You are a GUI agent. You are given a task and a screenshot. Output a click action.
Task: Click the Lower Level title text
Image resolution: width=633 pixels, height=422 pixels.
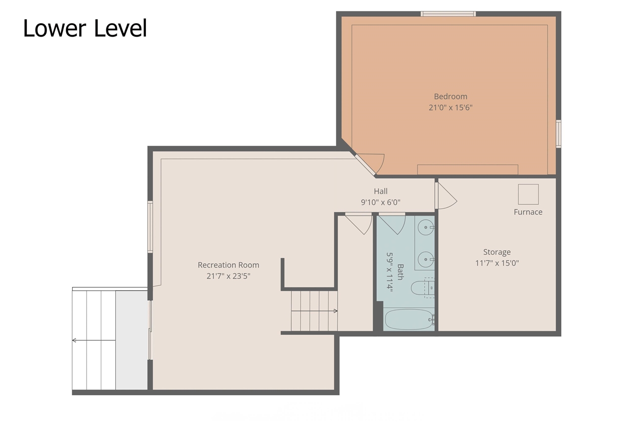(85, 28)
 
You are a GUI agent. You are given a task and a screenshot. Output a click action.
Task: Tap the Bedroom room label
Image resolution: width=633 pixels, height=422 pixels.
(451, 96)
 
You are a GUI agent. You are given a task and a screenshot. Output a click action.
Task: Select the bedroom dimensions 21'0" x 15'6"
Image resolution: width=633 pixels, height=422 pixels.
(451, 108)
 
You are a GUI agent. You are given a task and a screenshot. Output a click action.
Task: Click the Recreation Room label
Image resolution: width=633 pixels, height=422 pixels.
(228, 265)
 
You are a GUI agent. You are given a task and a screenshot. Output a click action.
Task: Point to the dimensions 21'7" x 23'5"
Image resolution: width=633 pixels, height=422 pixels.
(228, 276)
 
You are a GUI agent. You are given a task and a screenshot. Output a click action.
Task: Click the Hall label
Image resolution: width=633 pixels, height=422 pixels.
(381, 191)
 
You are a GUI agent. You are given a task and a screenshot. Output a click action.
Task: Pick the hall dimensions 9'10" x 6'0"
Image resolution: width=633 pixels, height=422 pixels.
(381, 202)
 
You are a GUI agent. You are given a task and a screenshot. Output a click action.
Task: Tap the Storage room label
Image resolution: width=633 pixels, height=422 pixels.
(497, 252)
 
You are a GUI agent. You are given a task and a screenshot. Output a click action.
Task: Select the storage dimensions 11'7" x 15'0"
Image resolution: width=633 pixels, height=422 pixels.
(497, 263)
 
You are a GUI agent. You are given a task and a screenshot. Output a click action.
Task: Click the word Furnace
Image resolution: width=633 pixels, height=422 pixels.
(528, 212)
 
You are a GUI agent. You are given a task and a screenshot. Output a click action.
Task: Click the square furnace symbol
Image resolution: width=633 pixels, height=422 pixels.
(528, 194)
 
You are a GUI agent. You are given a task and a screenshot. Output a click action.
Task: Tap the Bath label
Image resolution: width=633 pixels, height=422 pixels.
(401, 272)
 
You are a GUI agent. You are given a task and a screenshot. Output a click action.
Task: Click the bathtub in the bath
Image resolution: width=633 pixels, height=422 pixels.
(409, 320)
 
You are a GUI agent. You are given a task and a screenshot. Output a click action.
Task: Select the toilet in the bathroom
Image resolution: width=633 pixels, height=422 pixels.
(422, 288)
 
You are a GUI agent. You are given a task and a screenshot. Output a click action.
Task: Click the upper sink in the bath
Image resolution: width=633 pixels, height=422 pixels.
(426, 227)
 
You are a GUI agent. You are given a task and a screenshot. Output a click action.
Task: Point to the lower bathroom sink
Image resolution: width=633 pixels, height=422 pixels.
(426, 259)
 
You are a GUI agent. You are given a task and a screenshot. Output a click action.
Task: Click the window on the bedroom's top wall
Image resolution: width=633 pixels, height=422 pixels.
(448, 14)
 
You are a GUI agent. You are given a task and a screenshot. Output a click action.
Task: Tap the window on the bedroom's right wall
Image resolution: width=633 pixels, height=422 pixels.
(559, 134)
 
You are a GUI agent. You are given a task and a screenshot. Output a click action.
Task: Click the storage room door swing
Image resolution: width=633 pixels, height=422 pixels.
(446, 195)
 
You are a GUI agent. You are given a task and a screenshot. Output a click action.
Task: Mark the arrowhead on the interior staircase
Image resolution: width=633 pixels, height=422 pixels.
(335, 311)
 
